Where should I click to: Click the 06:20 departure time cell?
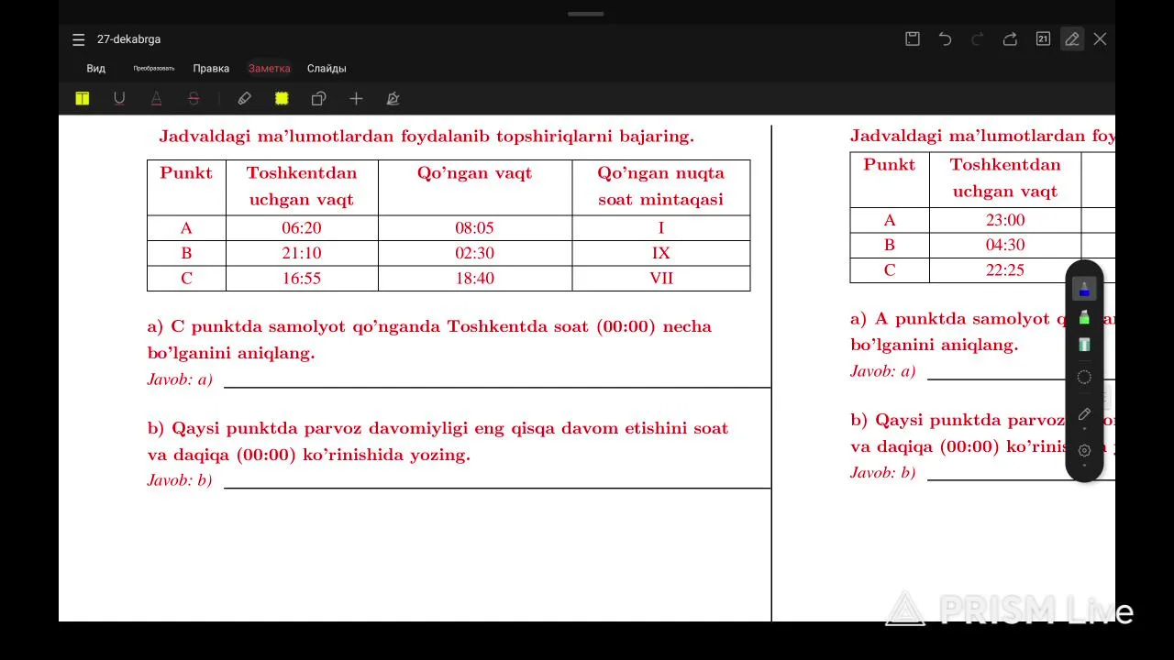click(302, 228)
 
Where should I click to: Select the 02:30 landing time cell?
click(474, 253)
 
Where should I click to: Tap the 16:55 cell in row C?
click(302, 278)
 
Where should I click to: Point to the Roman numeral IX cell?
click(660, 253)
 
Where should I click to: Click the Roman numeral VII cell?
click(660, 278)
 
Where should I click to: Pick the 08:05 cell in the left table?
click(474, 228)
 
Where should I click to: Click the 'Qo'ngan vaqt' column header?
click(474, 173)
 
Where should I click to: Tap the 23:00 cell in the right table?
click(1005, 220)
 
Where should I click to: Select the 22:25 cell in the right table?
click(1005, 270)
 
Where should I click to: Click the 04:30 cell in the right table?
click(1005, 245)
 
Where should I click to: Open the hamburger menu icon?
click(79, 39)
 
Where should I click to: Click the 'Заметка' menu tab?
click(269, 69)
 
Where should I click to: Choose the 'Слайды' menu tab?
click(327, 69)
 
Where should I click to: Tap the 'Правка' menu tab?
click(211, 69)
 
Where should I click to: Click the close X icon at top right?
click(1100, 38)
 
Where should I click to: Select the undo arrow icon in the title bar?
click(945, 38)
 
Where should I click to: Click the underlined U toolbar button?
click(119, 98)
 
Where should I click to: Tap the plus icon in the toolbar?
click(356, 98)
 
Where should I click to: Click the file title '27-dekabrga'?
click(128, 39)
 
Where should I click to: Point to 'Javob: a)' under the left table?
click(180, 379)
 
